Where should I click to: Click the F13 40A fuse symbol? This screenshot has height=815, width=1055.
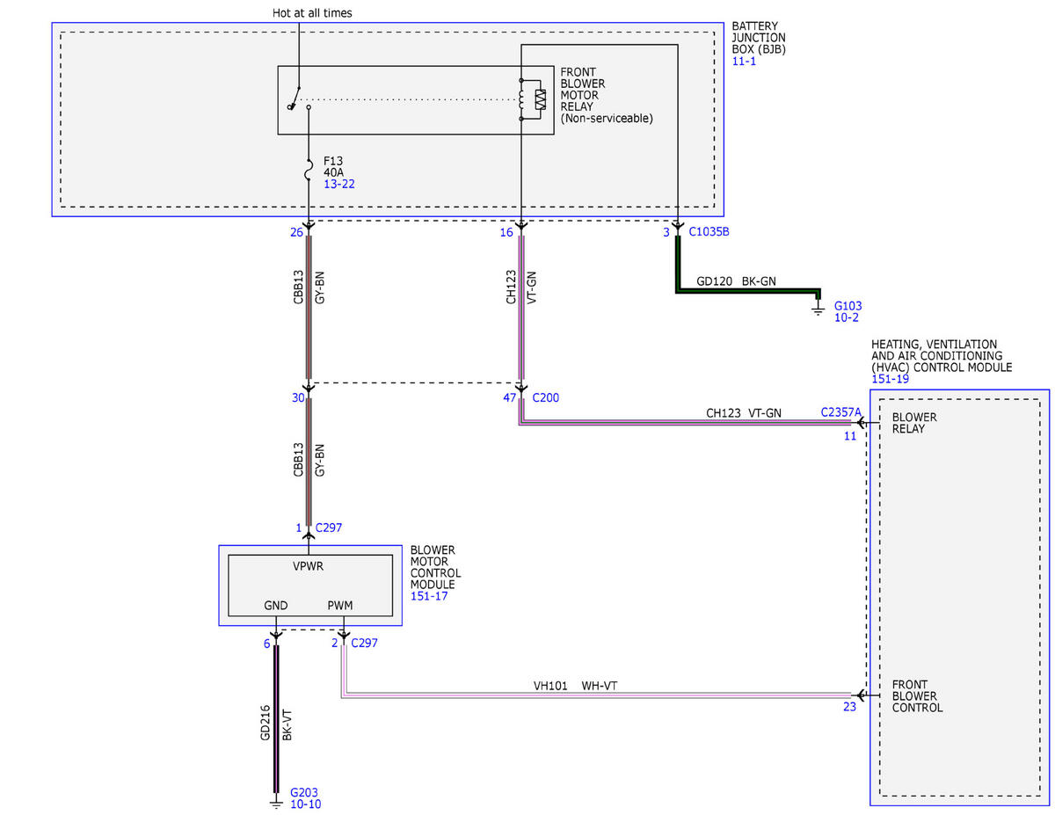(309, 170)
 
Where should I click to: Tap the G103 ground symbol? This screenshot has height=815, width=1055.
(818, 309)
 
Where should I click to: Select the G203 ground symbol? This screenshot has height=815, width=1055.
(276, 803)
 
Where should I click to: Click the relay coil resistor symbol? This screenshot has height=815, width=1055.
(540, 99)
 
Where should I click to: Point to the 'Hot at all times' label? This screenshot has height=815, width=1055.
(312, 13)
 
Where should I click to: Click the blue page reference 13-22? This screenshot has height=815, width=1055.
(338, 184)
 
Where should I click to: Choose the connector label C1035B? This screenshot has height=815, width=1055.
(709, 231)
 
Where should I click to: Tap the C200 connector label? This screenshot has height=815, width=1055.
(545, 397)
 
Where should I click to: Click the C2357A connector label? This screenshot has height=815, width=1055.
(840, 412)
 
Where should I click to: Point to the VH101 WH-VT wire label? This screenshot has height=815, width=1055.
(575, 686)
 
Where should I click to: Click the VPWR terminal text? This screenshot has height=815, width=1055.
(308, 566)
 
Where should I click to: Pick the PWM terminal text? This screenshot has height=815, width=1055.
(340, 605)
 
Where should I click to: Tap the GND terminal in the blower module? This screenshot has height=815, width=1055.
(276, 605)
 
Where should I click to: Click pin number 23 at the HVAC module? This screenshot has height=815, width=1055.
(849, 707)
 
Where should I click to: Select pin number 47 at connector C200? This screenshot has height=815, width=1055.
(509, 397)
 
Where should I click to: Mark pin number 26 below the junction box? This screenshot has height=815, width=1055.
(296, 232)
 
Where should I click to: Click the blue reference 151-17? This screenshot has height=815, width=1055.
(429, 596)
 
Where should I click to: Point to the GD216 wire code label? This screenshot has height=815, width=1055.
(266, 723)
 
